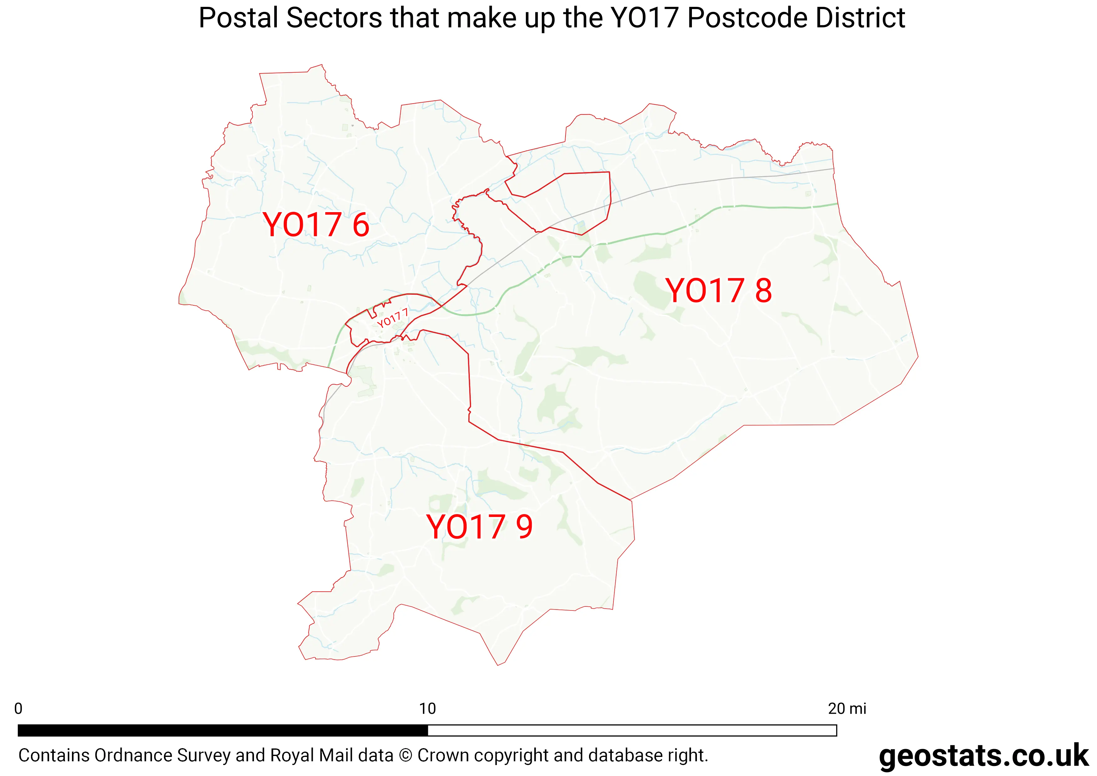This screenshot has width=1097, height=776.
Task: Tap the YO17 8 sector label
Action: (x=718, y=290)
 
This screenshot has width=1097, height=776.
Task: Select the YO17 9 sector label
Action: (x=479, y=527)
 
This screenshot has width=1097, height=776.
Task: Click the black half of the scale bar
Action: (x=223, y=730)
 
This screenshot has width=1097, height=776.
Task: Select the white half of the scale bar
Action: (x=632, y=730)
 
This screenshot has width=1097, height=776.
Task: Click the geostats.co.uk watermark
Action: (x=983, y=756)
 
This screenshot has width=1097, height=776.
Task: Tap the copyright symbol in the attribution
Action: (x=405, y=755)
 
